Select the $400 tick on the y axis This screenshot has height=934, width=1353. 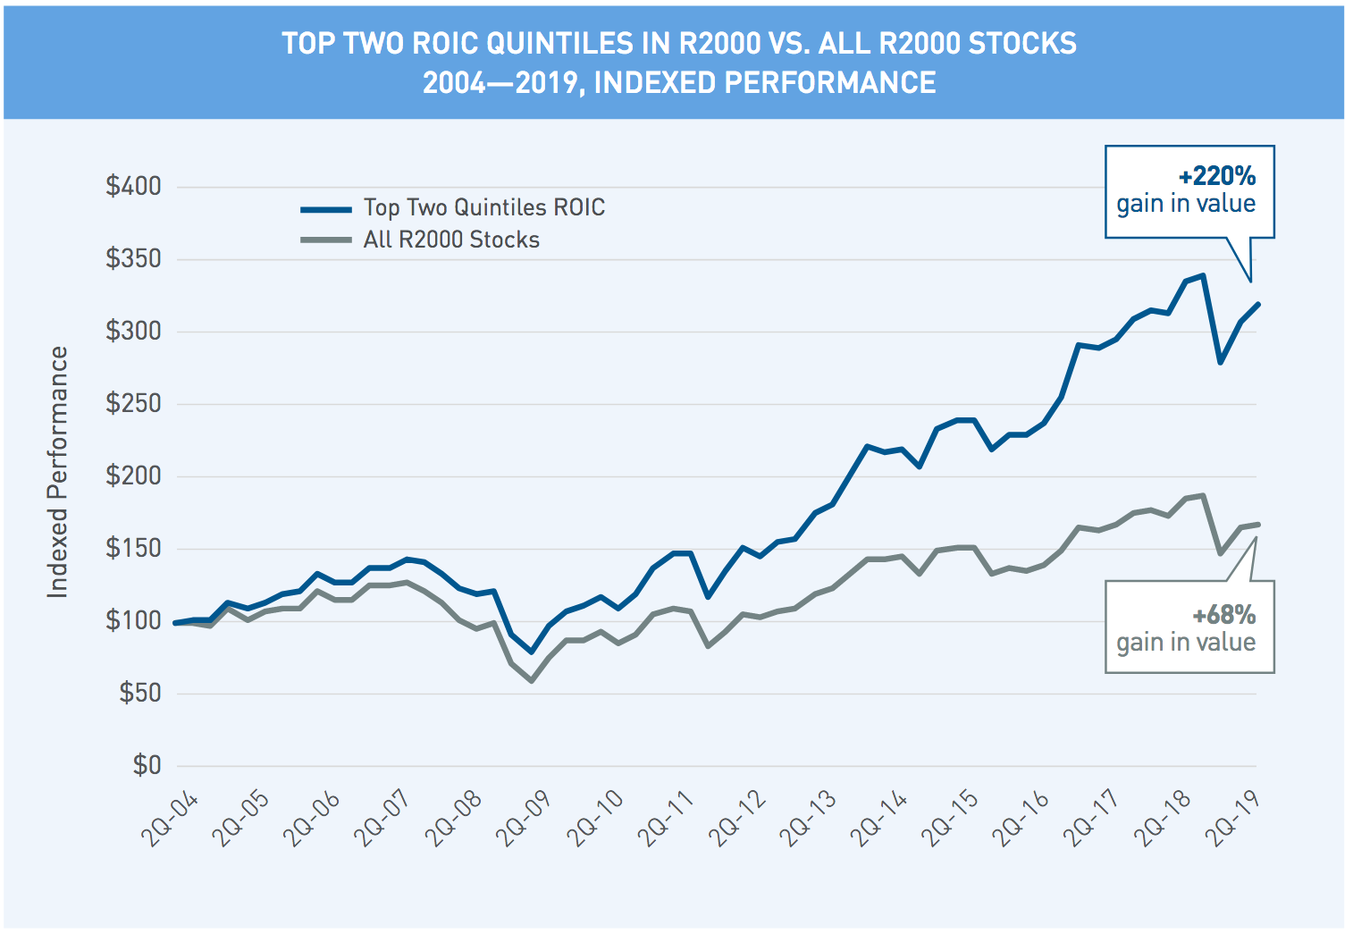(x=133, y=186)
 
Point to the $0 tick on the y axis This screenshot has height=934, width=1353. (x=147, y=765)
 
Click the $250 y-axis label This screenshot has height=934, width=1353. (x=133, y=403)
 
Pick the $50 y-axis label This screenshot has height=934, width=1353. (x=140, y=693)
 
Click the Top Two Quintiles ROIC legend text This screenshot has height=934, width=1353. (x=483, y=207)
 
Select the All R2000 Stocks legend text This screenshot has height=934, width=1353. (x=451, y=240)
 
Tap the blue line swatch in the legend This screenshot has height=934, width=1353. (x=326, y=209)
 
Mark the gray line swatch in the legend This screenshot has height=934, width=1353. (x=326, y=240)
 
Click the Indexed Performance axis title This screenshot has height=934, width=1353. (x=57, y=472)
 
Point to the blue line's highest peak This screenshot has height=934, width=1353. (x=1203, y=275)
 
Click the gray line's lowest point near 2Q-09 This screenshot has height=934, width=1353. (x=532, y=681)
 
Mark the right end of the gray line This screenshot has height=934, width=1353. (x=1257, y=525)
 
